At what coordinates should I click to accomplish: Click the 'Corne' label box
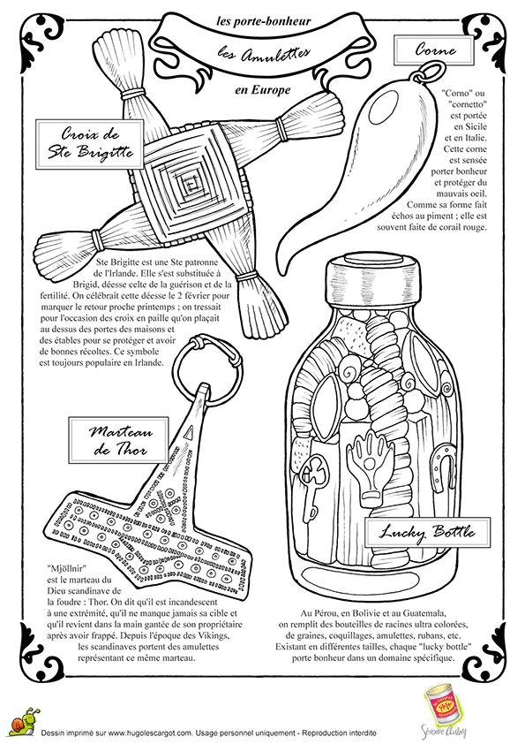coord(434,50)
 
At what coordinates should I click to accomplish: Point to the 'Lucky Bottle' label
coord(427,532)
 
